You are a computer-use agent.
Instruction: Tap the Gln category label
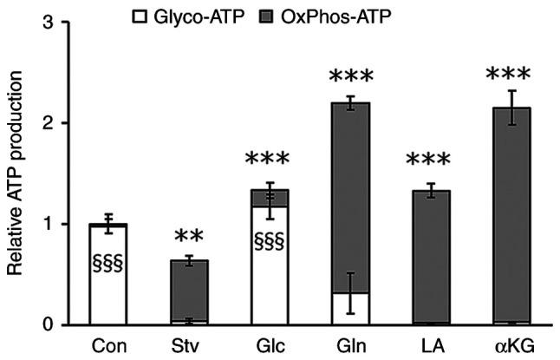click(351, 345)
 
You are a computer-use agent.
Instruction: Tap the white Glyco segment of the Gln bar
click(351, 309)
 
